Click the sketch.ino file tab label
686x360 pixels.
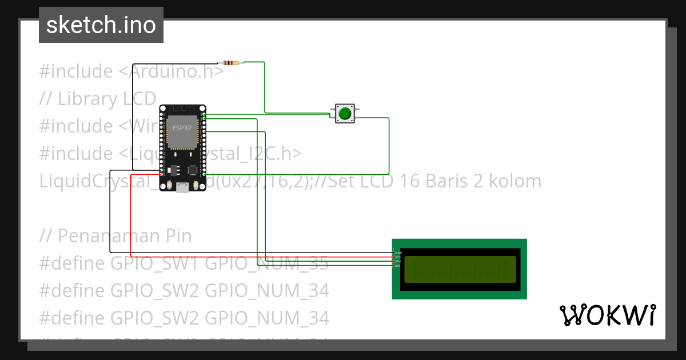click(x=101, y=25)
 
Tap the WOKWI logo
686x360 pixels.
click(x=607, y=315)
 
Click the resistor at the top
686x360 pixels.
click(x=230, y=62)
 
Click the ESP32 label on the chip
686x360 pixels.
click(x=182, y=128)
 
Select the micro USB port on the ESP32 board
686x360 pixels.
click(x=182, y=187)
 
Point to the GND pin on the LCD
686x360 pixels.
click(x=394, y=253)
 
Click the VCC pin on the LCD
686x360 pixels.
click(x=394, y=257)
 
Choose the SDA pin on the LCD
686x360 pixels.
click(x=394, y=262)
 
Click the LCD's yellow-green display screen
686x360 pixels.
click(x=460, y=269)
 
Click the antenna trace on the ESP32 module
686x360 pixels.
click(x=182, y=110)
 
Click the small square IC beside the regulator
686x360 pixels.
click(x=193, y=170)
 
